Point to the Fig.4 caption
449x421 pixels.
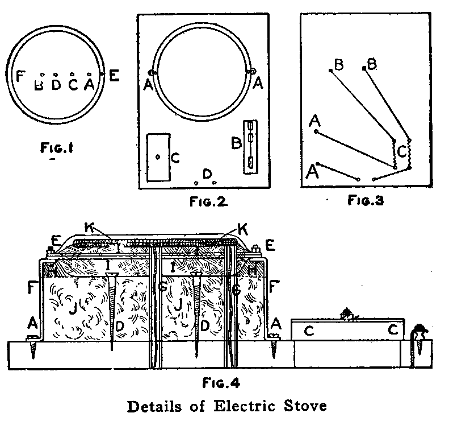coord(222,383)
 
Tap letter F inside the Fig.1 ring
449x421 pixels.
coord(21,76)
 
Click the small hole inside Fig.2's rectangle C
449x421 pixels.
coord(158,158)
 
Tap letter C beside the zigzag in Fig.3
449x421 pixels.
coord(401,152)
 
